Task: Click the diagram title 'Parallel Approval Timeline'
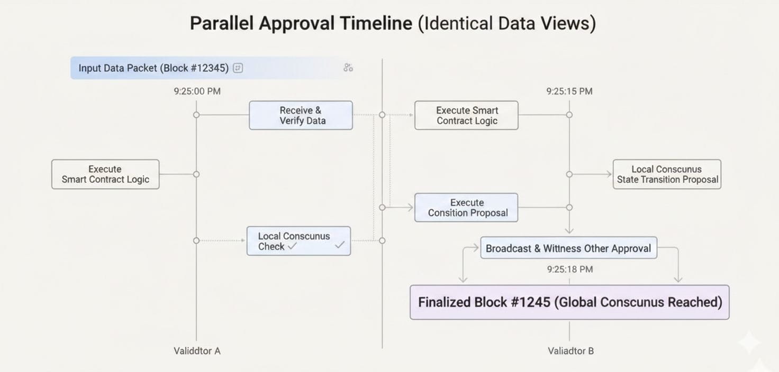301,24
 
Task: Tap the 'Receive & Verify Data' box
301,115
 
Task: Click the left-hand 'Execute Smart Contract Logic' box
105,174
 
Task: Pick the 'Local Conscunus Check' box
298,241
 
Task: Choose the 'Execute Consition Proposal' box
466,208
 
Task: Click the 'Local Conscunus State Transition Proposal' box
667,174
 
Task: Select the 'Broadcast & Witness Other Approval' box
568,248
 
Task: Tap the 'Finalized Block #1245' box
569,302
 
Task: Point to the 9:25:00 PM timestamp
197,91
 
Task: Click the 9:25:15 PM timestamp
569,91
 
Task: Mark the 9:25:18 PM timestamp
569,269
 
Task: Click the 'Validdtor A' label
197,351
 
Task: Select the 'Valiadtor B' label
570,351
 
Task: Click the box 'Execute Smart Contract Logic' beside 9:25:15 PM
466,115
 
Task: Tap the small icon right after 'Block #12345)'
238,68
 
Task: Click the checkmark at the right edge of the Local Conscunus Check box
340,245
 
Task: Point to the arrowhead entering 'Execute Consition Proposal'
410,208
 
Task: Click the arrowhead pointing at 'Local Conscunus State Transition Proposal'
609,174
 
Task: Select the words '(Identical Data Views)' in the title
506,24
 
